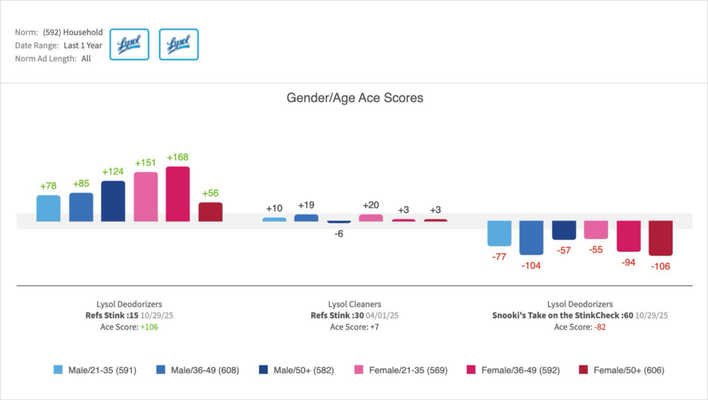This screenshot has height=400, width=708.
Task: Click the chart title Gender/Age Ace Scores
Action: click(x=355, y=98)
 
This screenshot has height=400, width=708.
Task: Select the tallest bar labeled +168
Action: click(x=178, y=194)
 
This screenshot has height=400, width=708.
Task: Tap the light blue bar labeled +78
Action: click(x=48, y=208)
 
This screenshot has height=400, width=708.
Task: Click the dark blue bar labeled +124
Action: click(x=113, y=201)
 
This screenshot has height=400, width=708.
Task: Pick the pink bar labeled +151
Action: click(x=145, y=197)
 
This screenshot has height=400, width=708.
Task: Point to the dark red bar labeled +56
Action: click(x=210, y=211)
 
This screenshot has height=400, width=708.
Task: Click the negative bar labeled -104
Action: click(x=531, y=238)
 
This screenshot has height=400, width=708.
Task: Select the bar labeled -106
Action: click(x=660, y=238)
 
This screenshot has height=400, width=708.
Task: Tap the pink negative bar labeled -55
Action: click(x=595, y=230)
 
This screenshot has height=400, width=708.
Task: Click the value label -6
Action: click(x=339, y=234)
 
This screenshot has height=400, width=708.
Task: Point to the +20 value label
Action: click(x=371, y=205)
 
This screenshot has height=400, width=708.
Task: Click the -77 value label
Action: click(x=499, y=257)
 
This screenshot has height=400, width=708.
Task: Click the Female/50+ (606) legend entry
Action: click(x=622, y=370)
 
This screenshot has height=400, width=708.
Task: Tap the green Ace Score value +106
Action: click(x=149, y=327)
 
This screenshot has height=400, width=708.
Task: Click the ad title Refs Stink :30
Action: click(x=336, y=316)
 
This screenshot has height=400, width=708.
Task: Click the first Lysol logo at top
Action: click(x=129, y=44)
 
